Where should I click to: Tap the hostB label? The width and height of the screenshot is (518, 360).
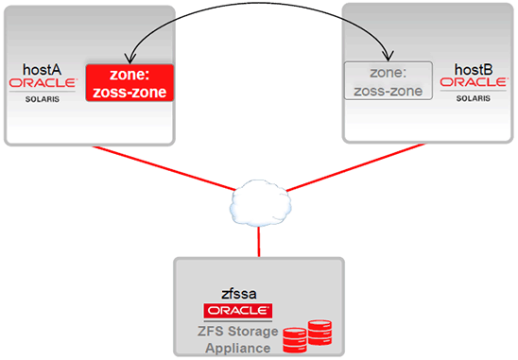[473, 69]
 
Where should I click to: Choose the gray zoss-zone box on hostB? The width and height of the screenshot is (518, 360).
[388, 80]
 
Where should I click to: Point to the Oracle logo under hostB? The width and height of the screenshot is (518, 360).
[474, 83]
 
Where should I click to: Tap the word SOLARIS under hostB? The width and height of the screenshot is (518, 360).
[474, 96]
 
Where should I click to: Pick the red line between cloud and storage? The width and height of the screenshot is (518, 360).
[256, 239]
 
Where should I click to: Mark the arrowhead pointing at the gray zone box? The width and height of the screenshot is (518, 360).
[386, 56]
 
